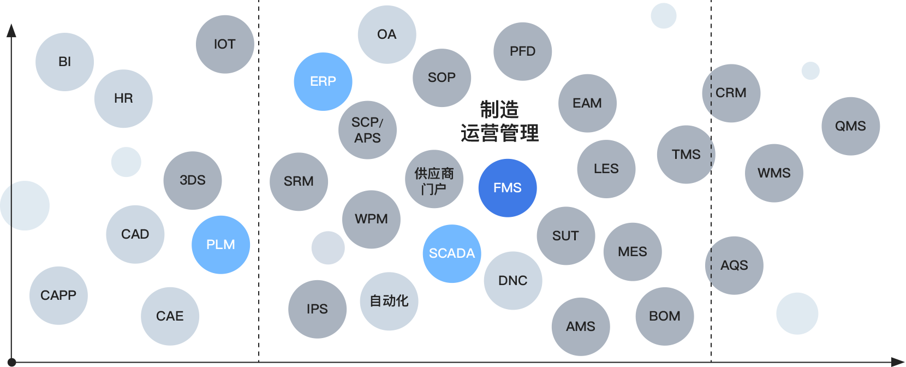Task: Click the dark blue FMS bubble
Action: click(508, 188)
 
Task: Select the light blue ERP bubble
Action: click(323, 82)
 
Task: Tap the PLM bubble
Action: click(221, 245)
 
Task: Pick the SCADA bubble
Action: click(452, 254)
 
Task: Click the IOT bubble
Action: click(225, 44)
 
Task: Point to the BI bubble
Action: click(65, 62)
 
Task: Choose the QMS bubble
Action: click(850, 126)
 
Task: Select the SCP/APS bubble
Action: click(368, 130)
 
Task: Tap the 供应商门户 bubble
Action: click(434, 179)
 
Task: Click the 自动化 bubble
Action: click(389, 301)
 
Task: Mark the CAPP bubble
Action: click(58, 295)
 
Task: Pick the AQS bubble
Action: click(734, 265)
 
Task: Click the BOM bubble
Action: click(665, 316)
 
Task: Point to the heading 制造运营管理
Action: click(500, 121)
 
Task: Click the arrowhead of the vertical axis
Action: click(11, 31)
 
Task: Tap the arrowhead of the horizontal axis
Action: click(897, 362)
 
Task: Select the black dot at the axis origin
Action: click(11, 362)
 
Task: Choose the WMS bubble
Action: click(774, 173)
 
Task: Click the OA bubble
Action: click(387, 35)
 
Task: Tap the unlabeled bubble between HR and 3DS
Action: click(126, 162)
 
